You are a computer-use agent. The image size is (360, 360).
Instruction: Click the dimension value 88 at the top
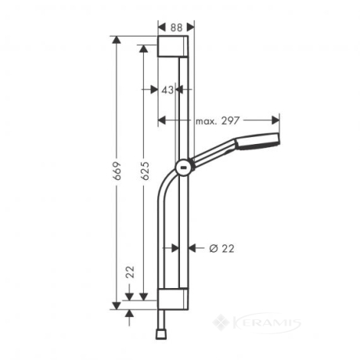tap(176, 27)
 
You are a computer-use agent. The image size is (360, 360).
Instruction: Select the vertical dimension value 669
tap(117, 171)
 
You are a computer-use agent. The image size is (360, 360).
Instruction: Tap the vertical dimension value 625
tap(145, 171)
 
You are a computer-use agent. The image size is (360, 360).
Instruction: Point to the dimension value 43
tap(167, 90)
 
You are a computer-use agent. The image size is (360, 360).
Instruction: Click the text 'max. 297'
tap(218, 121)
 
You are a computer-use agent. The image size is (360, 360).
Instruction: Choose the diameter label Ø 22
tap(221, 249)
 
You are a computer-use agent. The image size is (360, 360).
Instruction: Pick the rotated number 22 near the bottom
tap(130, 272)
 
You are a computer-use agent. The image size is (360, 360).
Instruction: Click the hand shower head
tap(257, 141)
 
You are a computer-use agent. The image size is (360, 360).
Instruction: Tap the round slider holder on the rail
tap(184, 167)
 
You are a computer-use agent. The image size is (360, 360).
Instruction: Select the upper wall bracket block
tap(173, 46)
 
